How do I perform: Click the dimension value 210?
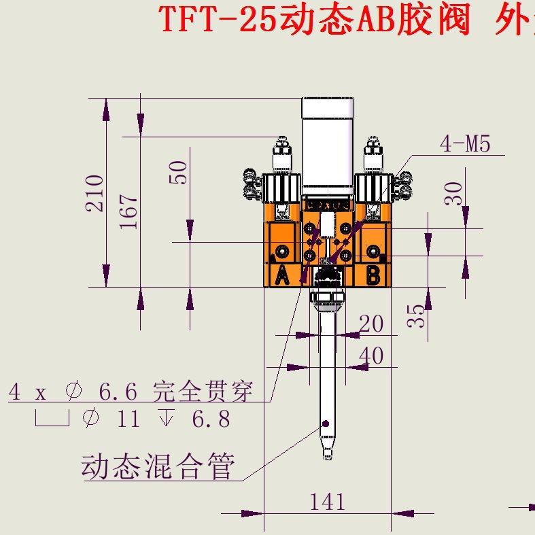pos(96,193)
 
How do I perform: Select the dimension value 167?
pos(130,212)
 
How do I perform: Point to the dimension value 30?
pos(453,193)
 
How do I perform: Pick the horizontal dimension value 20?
pos(371,324)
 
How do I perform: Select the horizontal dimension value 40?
pos(371,356)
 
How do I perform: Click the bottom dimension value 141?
pos(328,502)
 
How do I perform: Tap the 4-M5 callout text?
pos(465,143)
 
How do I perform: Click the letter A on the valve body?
pos(282,275)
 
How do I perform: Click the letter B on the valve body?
pos(373,275)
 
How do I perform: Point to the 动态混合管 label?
pos(158,467)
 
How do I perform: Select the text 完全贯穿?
pos(203,392)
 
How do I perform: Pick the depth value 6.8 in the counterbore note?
pos(211,418)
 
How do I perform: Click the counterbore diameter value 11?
pos(128,418)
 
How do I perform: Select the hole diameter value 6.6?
pos(118,392)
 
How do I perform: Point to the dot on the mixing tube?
pos(326,424)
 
